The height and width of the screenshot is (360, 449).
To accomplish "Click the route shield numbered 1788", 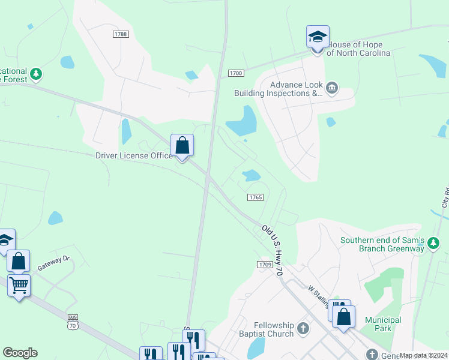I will pos(121,34).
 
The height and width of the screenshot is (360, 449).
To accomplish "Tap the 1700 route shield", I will pos(235,73).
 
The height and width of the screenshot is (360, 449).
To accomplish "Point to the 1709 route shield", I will pos(265,265).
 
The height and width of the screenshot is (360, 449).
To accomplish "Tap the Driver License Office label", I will pos(134,156).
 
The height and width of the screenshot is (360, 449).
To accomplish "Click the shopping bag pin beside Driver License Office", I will pos(182,146).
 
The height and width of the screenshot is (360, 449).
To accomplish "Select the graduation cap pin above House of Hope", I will pos(318,38).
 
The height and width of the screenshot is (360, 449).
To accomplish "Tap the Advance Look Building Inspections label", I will pos(279,89).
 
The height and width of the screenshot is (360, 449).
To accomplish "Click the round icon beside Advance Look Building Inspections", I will pos(332,89).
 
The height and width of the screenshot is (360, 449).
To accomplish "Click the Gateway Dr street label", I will pos(54,264).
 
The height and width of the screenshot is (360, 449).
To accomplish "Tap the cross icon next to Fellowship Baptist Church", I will pos(303,328).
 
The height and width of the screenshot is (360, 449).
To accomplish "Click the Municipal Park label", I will pos(382,324).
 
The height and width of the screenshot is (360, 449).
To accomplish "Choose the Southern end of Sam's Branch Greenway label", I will pos(382,245).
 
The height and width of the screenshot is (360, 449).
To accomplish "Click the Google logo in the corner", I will pos(20,353).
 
